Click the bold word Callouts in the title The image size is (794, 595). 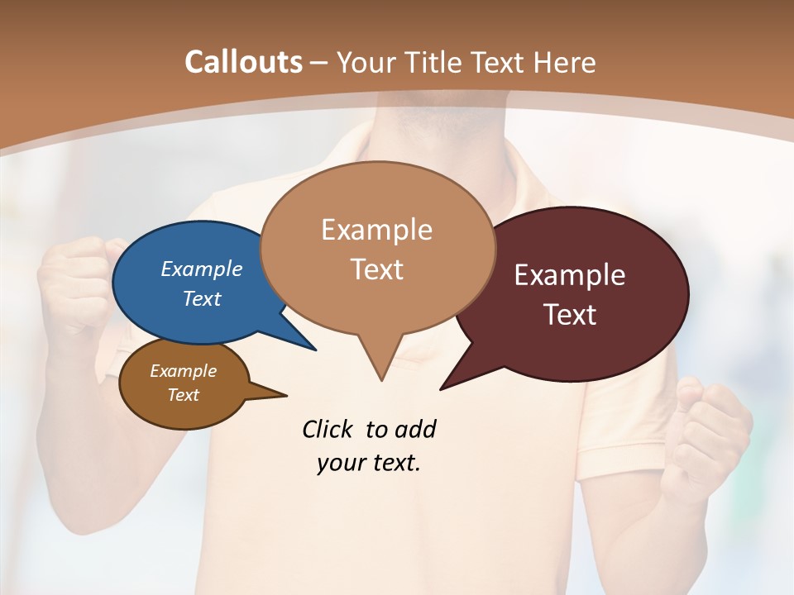point(243,62)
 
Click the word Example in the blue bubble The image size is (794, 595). point(202,269)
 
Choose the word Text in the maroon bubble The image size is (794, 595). point(571,315)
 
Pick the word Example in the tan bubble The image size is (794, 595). point(376,230)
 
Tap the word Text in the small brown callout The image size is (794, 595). point(183,395)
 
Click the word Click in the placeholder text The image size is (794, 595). point(328,429)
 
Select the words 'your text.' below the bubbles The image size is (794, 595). point(369,463)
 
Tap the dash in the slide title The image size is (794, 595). point(321,63)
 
